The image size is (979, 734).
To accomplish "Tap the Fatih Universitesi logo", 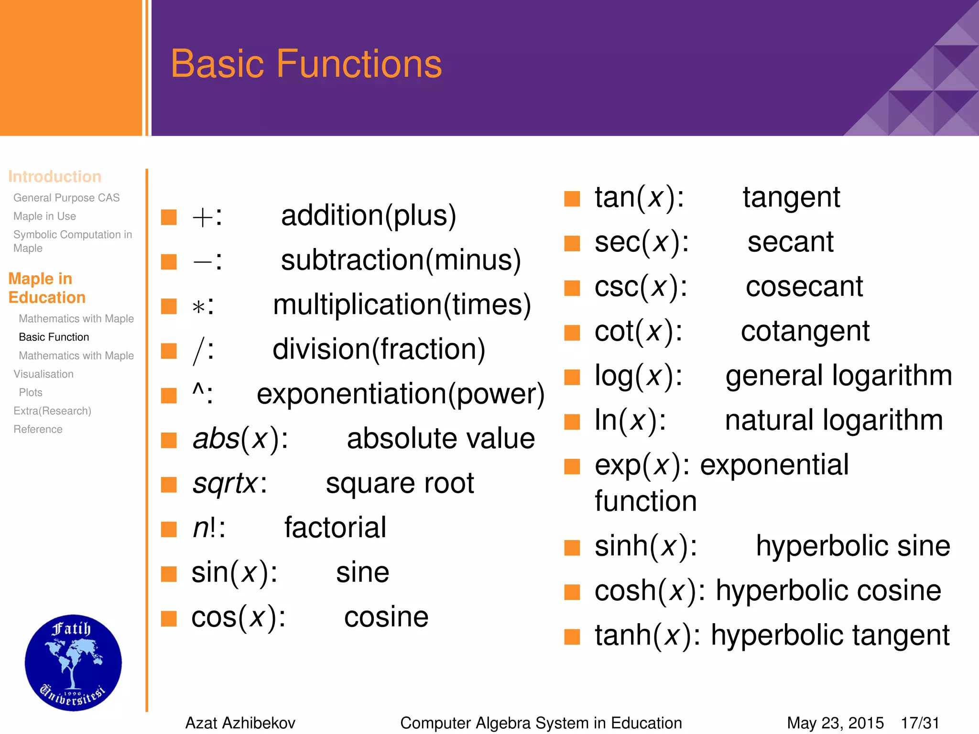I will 73,662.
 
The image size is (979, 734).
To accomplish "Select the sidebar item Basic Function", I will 54,337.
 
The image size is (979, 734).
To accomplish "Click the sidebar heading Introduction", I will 54,176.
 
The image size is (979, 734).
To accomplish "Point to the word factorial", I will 335,528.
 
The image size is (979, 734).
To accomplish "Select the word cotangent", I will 805,331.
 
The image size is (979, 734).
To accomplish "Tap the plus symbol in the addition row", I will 202,217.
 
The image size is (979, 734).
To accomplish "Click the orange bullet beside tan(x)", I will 572,198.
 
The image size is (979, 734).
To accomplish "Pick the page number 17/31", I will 920,723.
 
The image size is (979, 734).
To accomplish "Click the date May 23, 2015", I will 835,723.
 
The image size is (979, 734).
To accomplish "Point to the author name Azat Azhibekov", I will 240,723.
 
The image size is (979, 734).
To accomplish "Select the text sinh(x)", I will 645,546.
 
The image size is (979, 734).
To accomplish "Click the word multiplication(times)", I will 402,305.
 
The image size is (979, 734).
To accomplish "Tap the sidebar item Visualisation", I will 44,374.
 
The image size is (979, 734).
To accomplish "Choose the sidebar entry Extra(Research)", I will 52,410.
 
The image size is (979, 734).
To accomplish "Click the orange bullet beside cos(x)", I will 169,618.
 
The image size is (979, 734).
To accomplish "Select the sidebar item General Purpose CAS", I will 66,197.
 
